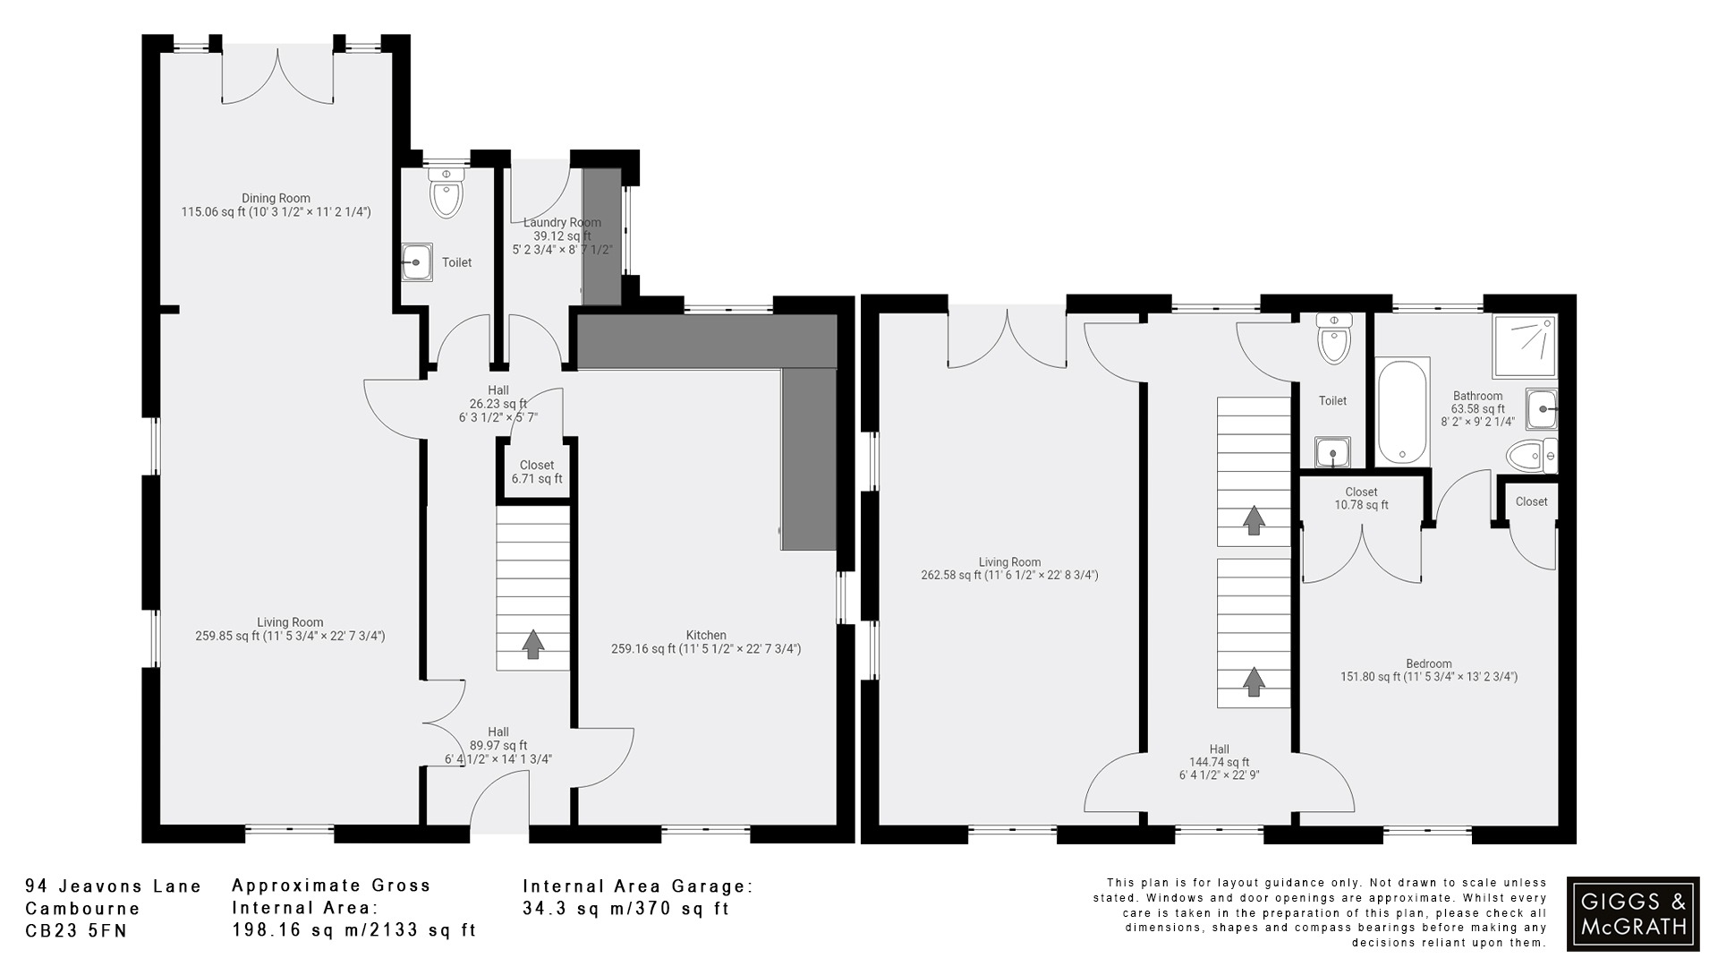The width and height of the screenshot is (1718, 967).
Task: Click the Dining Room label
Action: pyautogui.click(x=276, y=199)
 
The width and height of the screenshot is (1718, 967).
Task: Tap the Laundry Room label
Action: pyautogui.click(x=562, y=223)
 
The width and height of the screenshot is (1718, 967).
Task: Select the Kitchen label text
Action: pyautogui.click(x=706, y=636)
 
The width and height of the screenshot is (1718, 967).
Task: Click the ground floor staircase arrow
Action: pyautogui.click(x=533, y=644)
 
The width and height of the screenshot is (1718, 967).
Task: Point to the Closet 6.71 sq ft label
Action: pyautogui.click(x=537, y=472)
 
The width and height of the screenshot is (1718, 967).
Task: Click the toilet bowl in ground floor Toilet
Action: pyautogui.click(x=446, y=196)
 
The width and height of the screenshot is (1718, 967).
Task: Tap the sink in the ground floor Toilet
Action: pyautogui.click(x=416, y=262)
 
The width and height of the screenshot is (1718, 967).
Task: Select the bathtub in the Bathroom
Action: pyautogui.click(x=1402, y=411)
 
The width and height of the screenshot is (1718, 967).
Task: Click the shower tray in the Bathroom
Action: pyautogui.click(x=1524, y=346)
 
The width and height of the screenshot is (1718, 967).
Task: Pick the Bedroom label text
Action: pyautogui.click(x=1428, y=664)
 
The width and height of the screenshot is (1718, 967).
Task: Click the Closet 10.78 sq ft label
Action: pyautogui.click(x=1361, y=499)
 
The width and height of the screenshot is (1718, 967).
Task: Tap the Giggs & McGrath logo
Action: pyautogui.click(x=1633, y=913)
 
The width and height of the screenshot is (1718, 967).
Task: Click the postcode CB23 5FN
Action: pyautogui.click(x=76, y=931)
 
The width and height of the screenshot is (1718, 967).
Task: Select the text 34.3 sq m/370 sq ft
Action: pyautogui.click(x=625, y=909)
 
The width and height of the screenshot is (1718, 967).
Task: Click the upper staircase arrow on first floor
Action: pyautogui.click(x=1254, y=520)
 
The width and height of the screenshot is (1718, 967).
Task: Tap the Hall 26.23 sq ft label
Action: pyautogui.click(x=498, y=404)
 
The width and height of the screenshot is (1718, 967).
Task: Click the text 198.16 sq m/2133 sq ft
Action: pyautogui.click(x=353, y=930)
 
